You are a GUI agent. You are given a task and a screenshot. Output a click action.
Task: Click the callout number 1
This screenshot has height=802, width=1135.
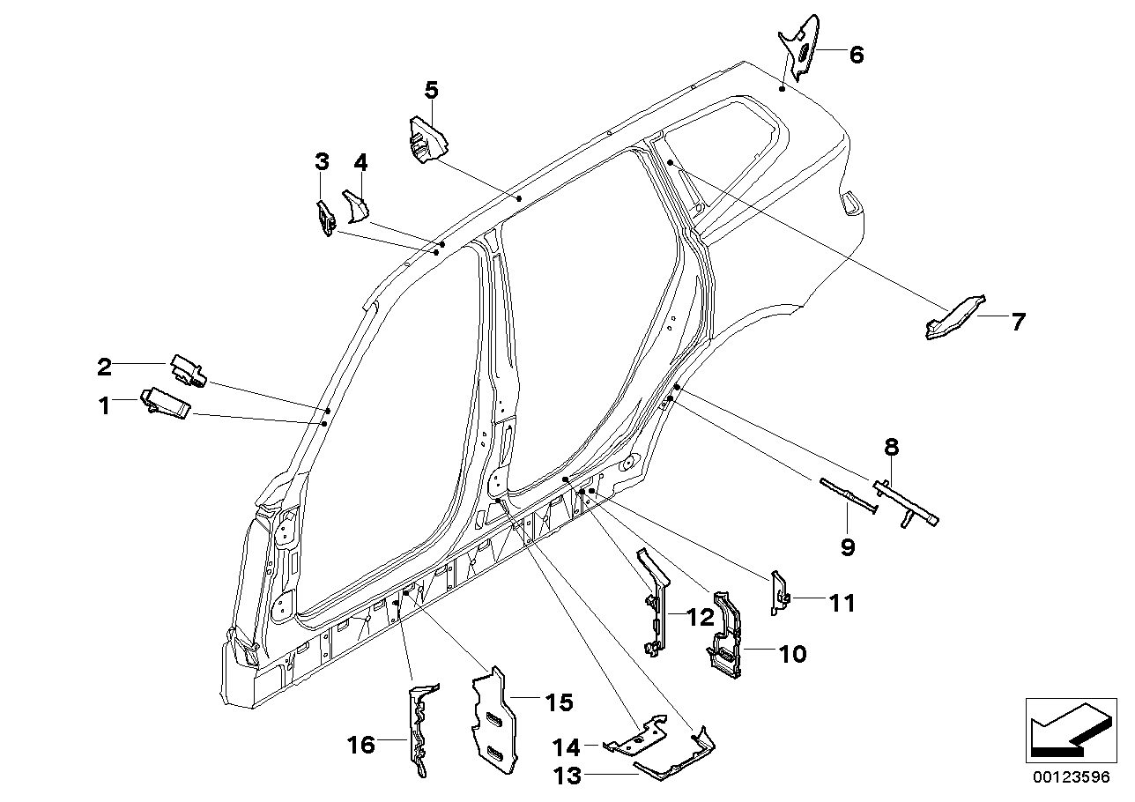tap(104, 406)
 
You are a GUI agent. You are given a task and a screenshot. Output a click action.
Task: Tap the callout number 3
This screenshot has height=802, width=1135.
tap(322, 161)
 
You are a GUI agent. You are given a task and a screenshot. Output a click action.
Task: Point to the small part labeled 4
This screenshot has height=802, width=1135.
tap(357, 208)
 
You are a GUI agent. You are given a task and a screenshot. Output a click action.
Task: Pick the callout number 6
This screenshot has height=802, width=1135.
tap(856, 55)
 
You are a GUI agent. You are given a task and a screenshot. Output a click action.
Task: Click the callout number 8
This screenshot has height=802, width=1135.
tap(892, 447)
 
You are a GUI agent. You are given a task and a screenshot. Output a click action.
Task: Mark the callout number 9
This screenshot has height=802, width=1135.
tap(847, 547)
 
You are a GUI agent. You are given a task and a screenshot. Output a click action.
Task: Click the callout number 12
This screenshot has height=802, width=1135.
tap(701, 619)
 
